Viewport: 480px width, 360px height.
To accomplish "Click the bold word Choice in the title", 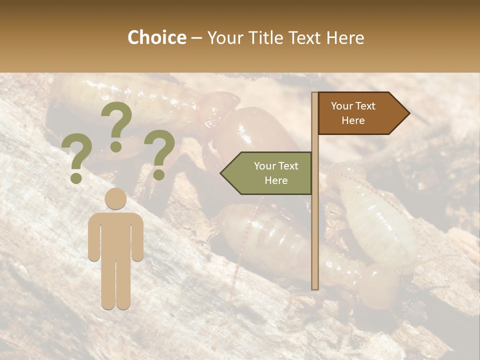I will click(156, 38).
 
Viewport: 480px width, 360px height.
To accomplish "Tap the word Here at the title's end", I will click(345, 38).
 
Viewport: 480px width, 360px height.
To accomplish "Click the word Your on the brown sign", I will click(342, 106).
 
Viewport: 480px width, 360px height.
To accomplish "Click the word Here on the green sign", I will click(276, 180).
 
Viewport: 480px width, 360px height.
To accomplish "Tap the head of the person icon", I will click(115, 198).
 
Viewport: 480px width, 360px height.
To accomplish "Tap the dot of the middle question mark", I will click(116, 146).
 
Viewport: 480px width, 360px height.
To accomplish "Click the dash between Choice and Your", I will click(196, 38).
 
